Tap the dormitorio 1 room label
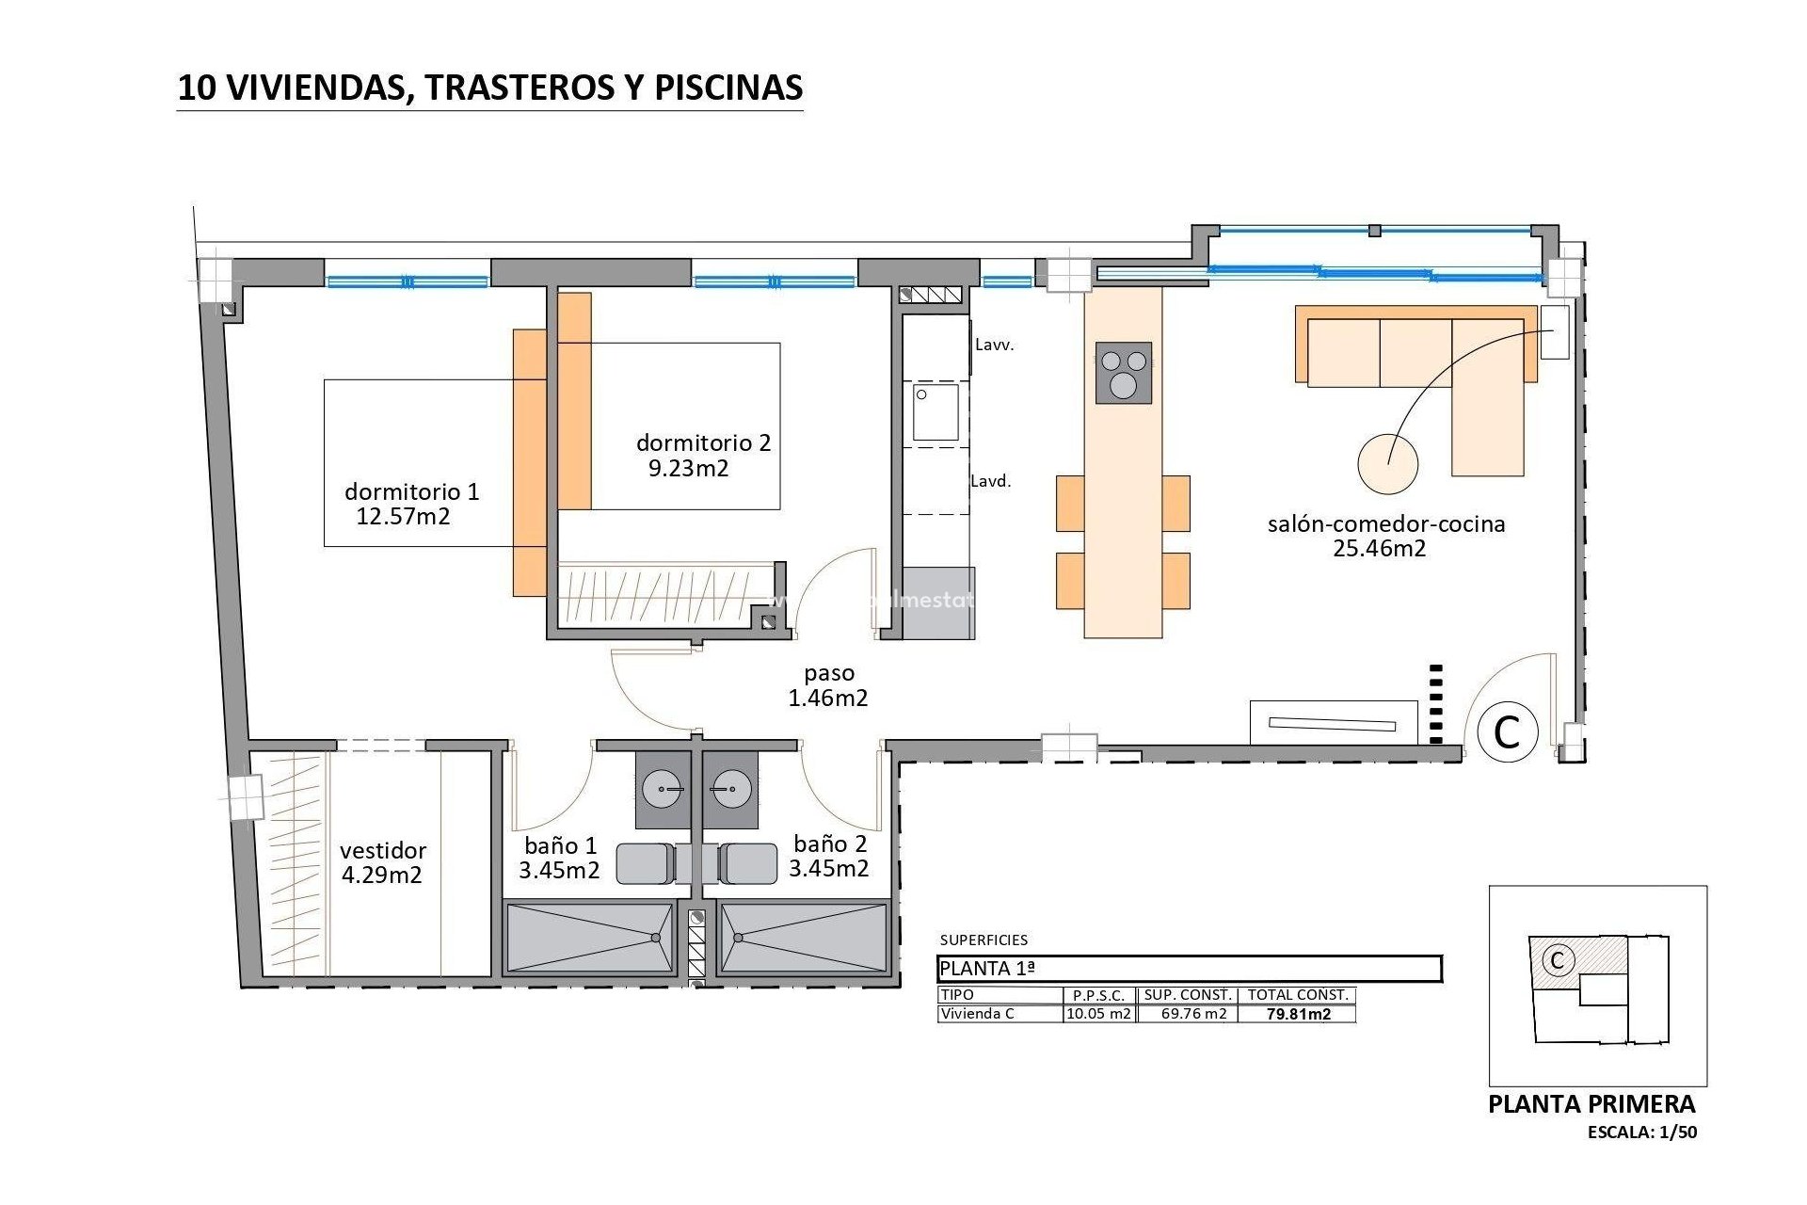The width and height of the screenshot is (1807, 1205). (411, 491)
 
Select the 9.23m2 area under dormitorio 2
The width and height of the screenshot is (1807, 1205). (688, 469)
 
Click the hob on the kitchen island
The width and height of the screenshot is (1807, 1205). (1124, 373)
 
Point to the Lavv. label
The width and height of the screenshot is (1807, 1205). (994, 345)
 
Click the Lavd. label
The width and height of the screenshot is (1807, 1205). (990, 481)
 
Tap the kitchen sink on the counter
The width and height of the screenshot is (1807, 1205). (935, 412)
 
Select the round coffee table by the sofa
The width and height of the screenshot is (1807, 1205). (1387, 463)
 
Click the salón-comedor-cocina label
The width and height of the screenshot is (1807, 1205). (1385, 524)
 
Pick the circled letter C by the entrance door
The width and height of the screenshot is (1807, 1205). (1507, 731)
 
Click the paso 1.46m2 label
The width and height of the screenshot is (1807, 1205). (828, 685)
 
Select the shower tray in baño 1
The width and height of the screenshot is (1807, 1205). (590, 938)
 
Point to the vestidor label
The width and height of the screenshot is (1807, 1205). (383, 850)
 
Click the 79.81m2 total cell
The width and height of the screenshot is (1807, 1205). (1298, 1014)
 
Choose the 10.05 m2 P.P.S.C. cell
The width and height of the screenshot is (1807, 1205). (1098, 1014)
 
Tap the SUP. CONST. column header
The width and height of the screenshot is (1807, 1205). (1188, 995)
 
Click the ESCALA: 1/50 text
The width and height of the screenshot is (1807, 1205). (1641, 1133)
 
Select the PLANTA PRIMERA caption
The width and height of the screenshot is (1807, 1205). (1591, 1104)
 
